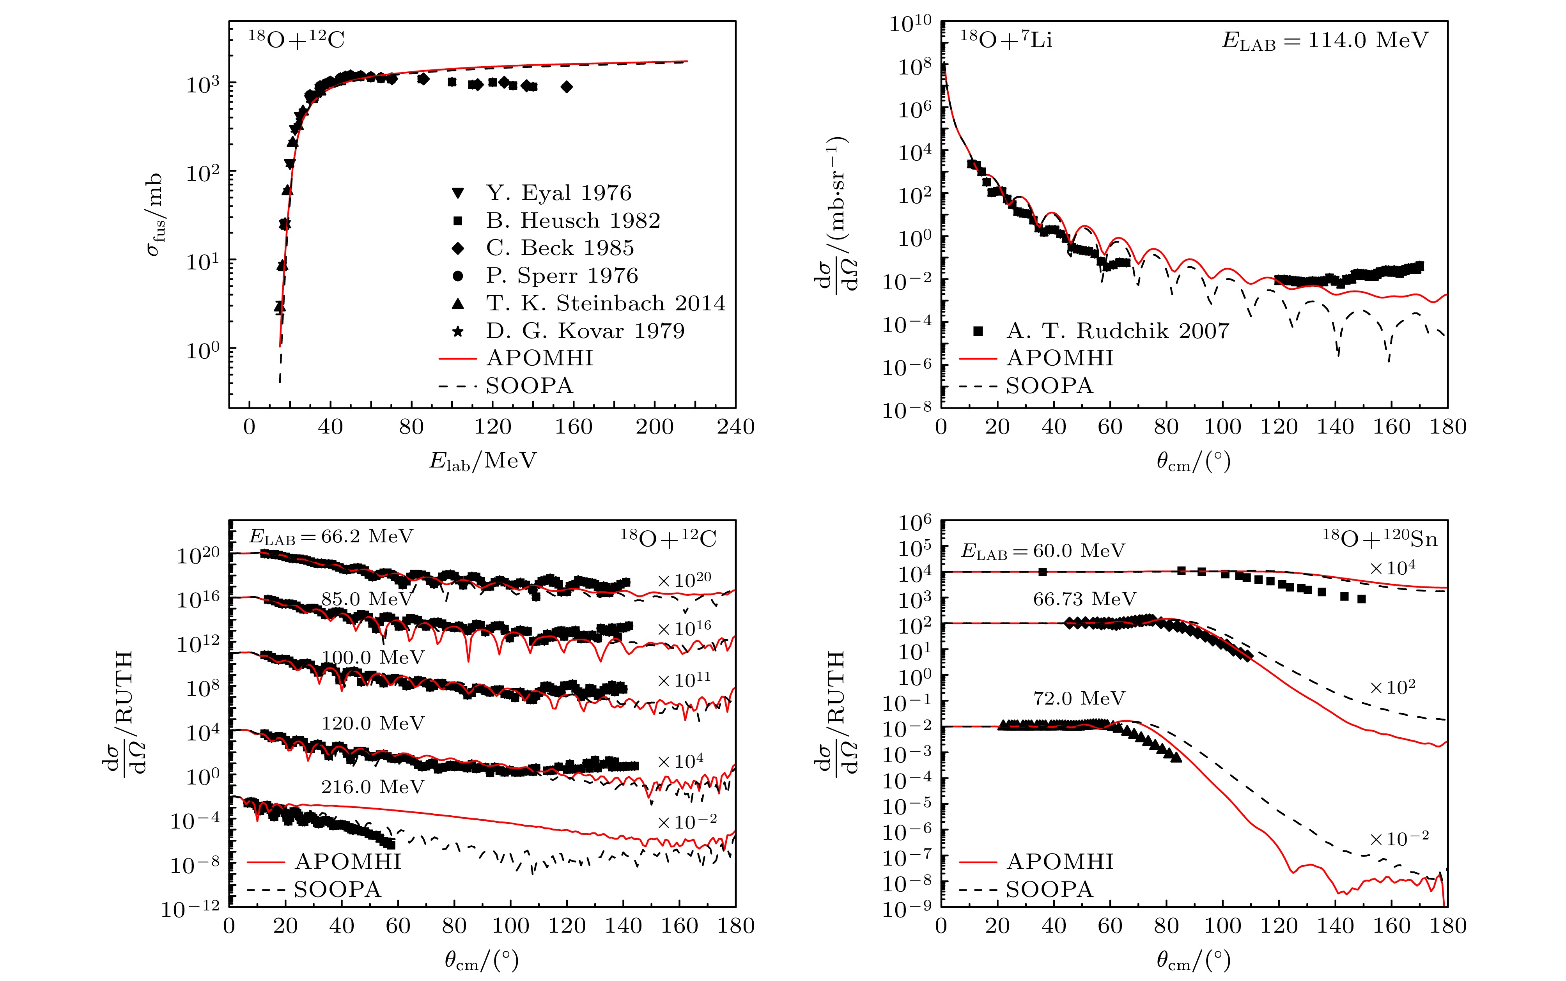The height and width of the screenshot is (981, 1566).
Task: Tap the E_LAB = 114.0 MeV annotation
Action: click(x=1325, y=41)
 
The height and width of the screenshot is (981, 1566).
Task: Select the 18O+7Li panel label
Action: click(x=1006, y=40)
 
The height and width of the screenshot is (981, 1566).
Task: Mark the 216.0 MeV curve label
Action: click(x=372, y=787)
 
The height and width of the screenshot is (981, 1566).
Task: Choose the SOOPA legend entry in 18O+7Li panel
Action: click(x=1049, y=386)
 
